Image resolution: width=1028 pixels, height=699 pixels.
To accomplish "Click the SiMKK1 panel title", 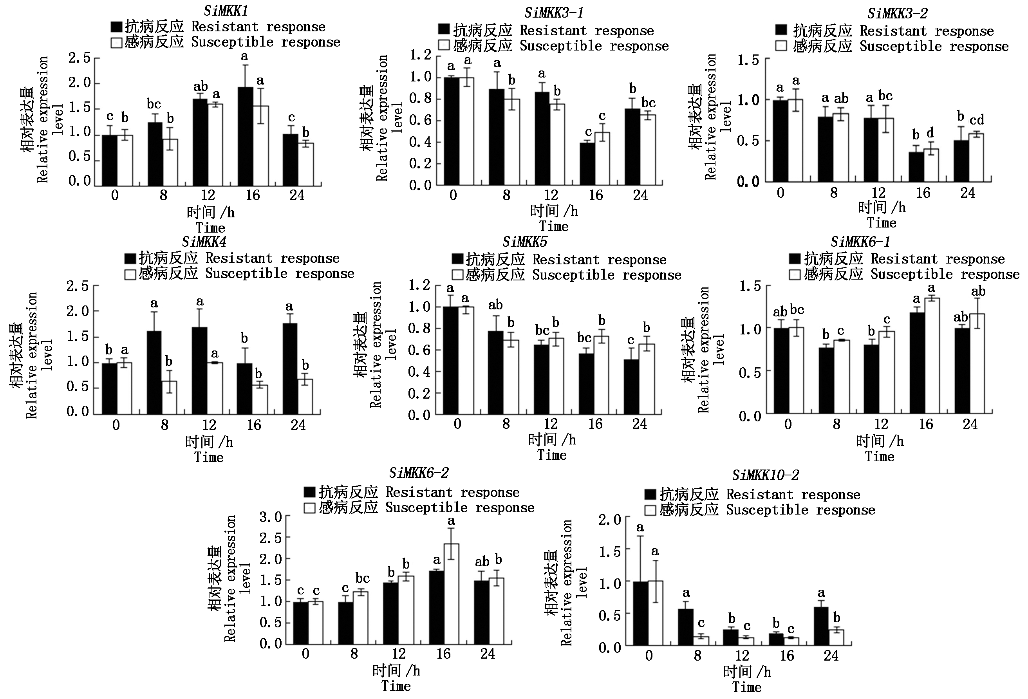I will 226,10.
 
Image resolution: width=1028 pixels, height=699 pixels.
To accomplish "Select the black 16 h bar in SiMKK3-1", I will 587,164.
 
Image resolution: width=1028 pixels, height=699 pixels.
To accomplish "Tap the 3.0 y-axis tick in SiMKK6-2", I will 271,517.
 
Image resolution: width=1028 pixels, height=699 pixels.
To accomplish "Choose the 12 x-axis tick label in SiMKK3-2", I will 878,193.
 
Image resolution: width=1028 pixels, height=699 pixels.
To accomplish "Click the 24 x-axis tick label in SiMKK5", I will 640,424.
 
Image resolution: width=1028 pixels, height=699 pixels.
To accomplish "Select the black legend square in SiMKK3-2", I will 781,30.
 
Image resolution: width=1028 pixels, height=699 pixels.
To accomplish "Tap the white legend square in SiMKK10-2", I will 650,510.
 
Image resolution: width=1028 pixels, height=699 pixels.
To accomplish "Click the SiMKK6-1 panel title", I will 860,242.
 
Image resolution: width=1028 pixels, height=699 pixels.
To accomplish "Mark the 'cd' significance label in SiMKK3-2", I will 977,120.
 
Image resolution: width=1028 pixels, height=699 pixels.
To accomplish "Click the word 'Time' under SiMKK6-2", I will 396,686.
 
